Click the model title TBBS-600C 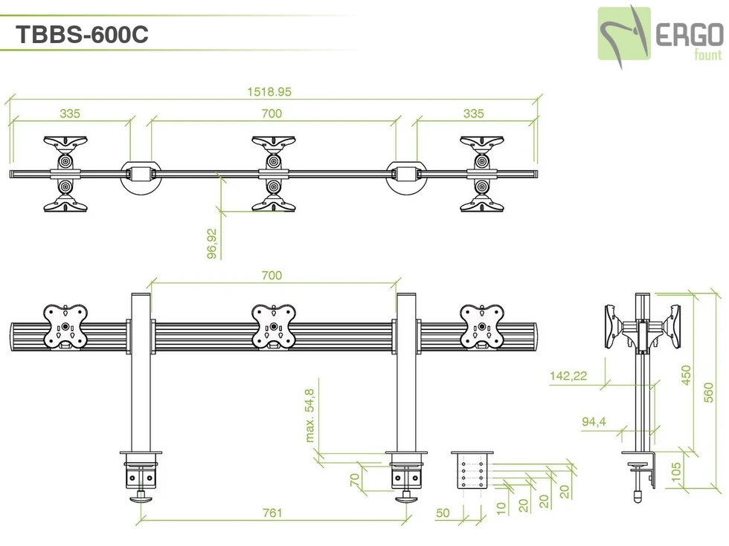(82, 34)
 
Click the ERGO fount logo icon (625, 33)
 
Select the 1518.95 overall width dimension (269, 92)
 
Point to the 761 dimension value (272, 513)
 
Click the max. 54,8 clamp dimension (310, 415)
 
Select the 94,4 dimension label (594, 422)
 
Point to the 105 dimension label (675, 472)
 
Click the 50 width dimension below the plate (443, 513)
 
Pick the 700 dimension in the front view (272, 276)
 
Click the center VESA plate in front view (274, 326)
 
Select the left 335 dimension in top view (70, 114)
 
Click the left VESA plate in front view (66, 326)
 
